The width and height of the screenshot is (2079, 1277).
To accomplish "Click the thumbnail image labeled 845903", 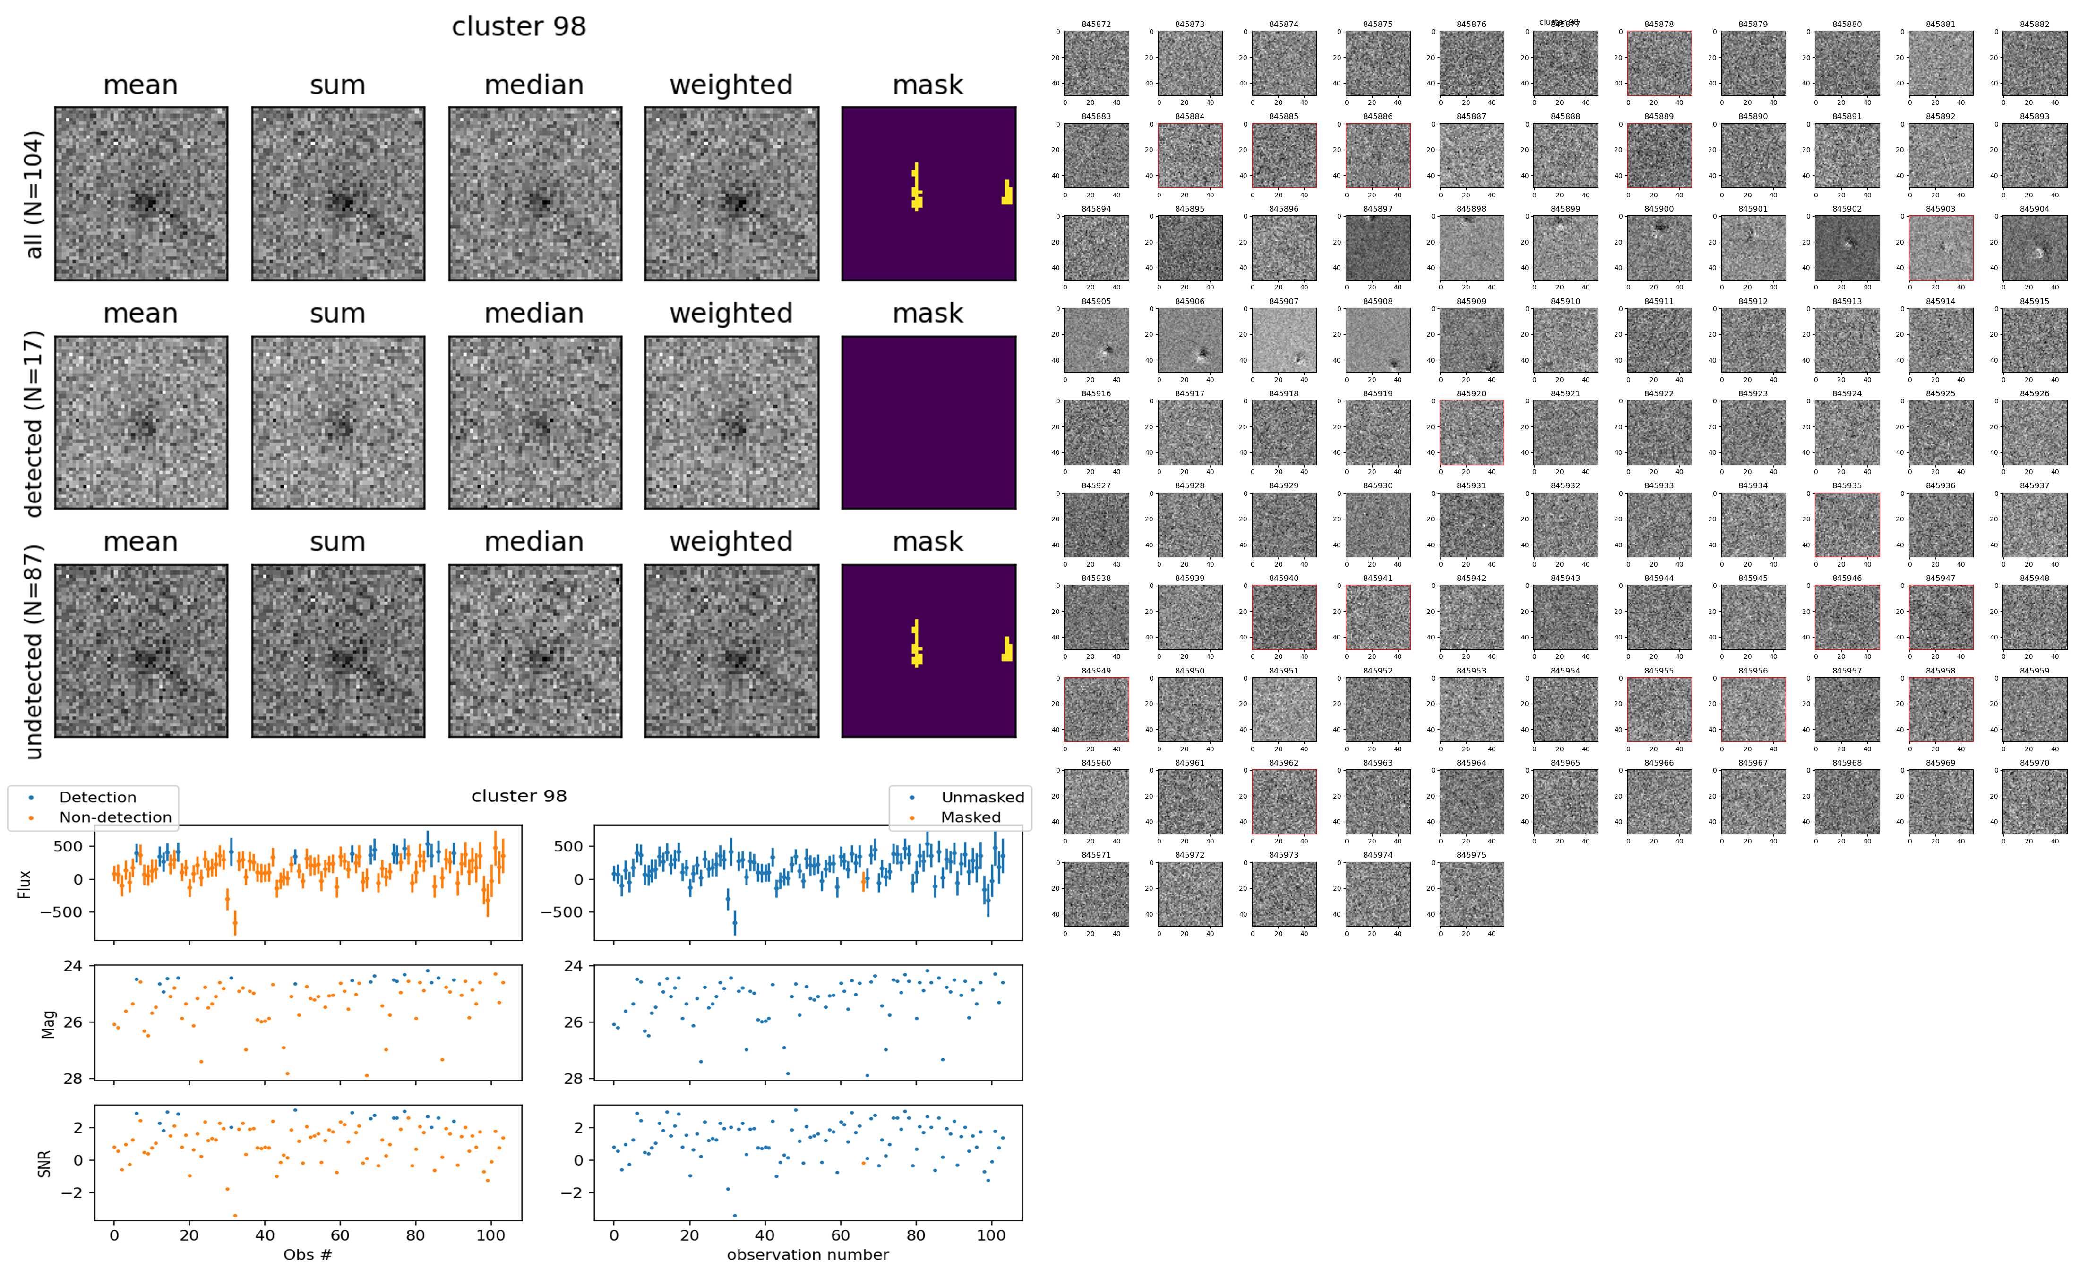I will click(1941, 247).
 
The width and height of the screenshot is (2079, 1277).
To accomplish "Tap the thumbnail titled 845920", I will click(1472, 433).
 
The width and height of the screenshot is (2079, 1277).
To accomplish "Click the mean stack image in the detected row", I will click(141, 422).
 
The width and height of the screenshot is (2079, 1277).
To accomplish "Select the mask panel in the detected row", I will click(928, 422).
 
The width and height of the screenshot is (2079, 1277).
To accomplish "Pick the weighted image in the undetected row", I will click(731, 650).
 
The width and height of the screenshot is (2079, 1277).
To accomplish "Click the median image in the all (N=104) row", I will click(535, 194).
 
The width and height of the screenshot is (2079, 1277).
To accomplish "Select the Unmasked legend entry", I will click(982, 797).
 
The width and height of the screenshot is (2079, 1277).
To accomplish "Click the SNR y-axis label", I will click(45, 1163).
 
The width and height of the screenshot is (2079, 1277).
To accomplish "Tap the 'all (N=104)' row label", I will click(34, 194).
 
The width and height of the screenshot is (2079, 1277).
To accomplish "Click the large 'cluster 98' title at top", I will click(519, 27).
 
